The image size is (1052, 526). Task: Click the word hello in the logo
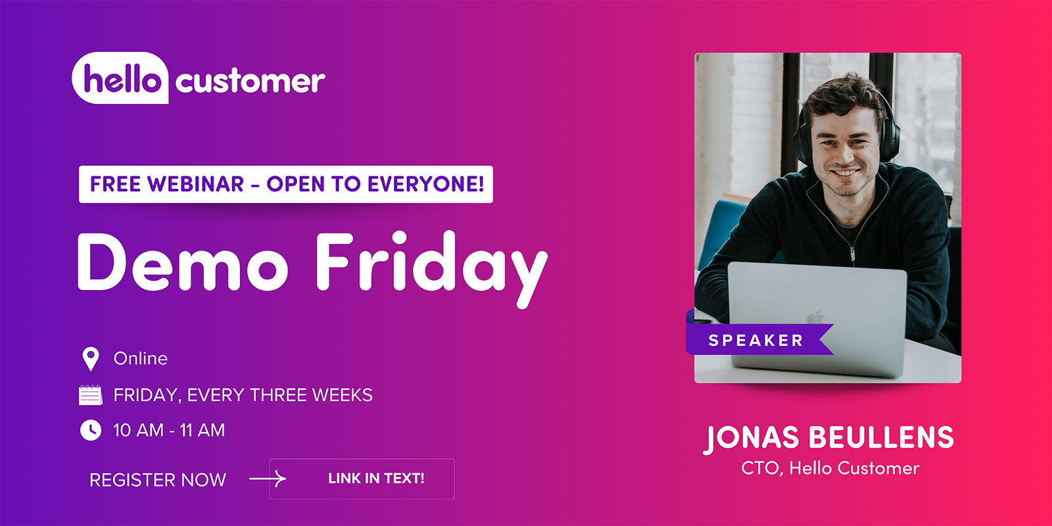(122, 80)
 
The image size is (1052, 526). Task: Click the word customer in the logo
(250, 82)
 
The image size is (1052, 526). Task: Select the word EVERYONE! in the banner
(426, 184)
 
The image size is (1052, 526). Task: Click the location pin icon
(91, 358)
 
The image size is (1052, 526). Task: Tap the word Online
(141, 358)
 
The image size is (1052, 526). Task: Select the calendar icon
(91, 394)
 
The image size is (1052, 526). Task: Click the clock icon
(91, 430)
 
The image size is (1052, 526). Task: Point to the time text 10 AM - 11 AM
(169, 430)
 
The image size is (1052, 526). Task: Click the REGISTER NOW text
(158, 480)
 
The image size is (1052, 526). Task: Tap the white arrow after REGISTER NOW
(268, 479)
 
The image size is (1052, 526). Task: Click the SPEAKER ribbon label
(756, 341)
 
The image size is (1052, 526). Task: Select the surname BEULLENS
(881, 438)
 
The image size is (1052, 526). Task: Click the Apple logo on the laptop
(815, 318)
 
